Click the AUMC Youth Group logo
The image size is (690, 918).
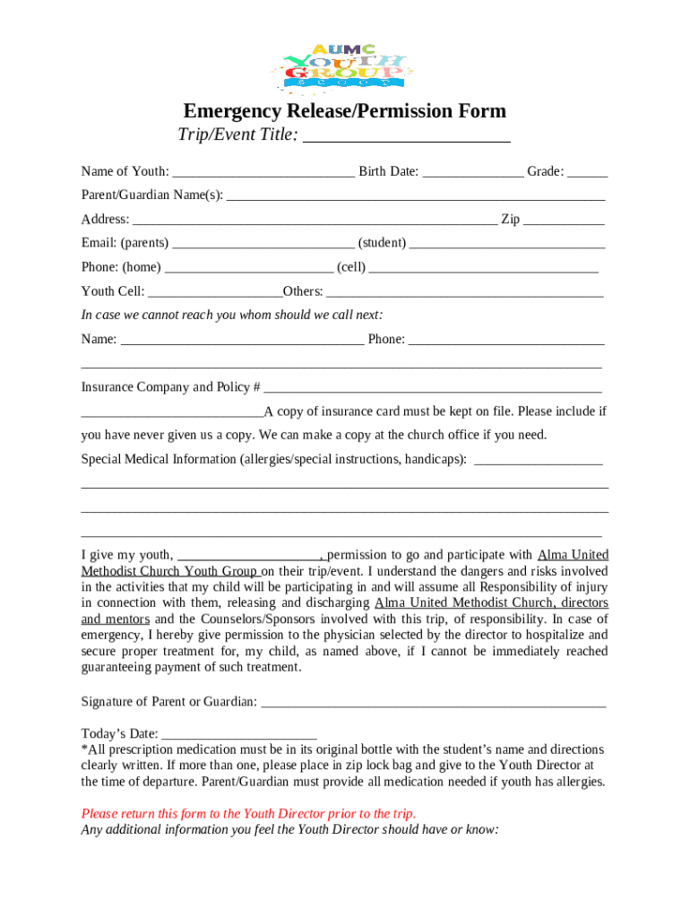click(x=344, y=68)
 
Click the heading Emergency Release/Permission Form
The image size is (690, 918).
click(x=344, y=111)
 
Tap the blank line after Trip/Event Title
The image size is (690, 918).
click(x=408, y=137)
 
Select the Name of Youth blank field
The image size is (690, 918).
click(x=263, y=172)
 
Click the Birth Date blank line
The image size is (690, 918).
click(x=472, y=172)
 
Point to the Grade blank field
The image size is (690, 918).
click(x=587, y=172)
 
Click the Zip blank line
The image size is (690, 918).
click(x=563, y=220)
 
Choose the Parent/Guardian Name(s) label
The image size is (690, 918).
click(x=152, y=195)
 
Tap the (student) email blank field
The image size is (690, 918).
click(x=507, y=244)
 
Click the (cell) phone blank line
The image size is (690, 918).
click(x=483, y=268)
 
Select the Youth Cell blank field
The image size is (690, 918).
click(x=215, y=292)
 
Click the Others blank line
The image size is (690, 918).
click(x=465, y=292)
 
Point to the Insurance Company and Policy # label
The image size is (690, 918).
click(x=170, y=387)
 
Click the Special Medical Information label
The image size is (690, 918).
click(x=273, y=459)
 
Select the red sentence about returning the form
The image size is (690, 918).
click(x=248, y=814)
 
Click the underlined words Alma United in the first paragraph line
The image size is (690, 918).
click(x=573, y=555)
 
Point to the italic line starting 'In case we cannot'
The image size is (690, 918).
click(x=232, y=315)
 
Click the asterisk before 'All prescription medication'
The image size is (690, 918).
click(x=84, y=749)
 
